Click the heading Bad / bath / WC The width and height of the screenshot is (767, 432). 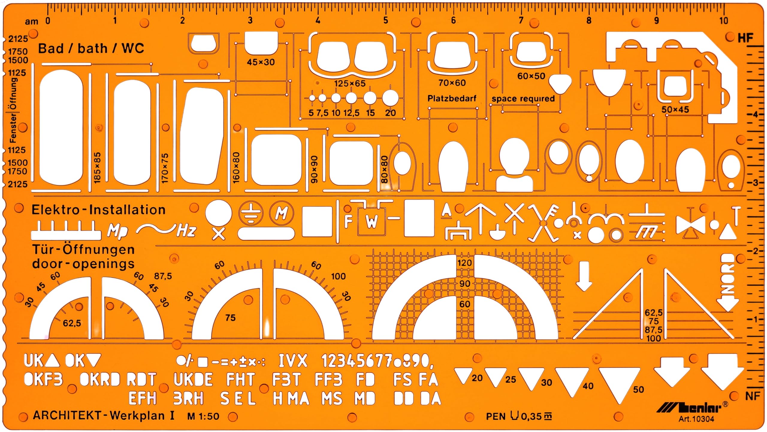click(91, 48)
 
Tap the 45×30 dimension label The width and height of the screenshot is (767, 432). click(261, 62)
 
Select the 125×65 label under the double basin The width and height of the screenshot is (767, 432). click(350, 84)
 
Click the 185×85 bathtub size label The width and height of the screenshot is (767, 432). click(97, 168)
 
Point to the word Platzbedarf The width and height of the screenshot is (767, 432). click(452, 98)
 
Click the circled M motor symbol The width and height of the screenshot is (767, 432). click(281, 213)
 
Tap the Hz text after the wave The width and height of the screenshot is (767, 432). click(186, 231)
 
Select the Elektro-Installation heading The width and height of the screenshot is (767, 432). click(98, 210)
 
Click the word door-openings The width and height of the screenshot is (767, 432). click(83, 264)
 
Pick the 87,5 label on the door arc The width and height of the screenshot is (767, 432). click(163, 276)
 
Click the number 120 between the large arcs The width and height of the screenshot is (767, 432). click(464, 263)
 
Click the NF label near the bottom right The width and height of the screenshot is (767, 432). click(753, 396)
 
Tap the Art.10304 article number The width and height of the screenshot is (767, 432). click(696, 419)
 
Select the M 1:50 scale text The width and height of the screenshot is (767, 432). click(203, 416)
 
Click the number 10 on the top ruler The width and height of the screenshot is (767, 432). click(724, 21)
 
